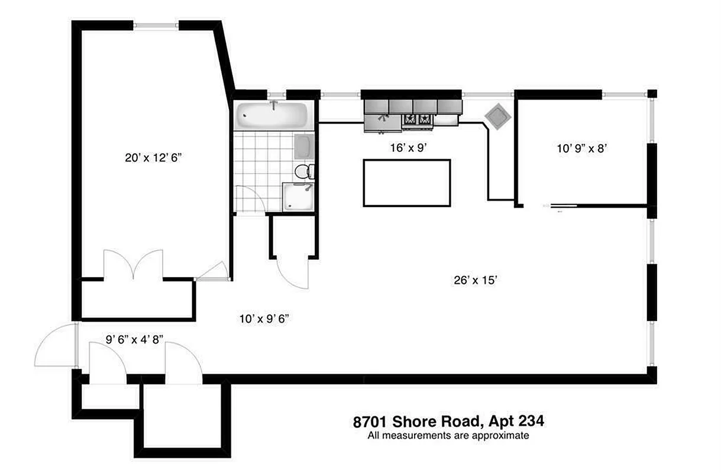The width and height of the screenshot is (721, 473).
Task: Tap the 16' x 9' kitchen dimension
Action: click(409, 148)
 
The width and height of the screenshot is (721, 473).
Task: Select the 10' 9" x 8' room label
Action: click(583, 150)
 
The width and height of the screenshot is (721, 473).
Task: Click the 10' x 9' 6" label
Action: click(263, 319)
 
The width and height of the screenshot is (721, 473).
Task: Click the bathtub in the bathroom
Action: click(271, 116)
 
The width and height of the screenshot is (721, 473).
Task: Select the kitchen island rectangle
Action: click(407, 183)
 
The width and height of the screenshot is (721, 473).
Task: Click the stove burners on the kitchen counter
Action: click(418, 121)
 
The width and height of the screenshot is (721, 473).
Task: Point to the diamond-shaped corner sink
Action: click(497, 116)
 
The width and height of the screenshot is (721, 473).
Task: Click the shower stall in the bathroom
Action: click(299, 197)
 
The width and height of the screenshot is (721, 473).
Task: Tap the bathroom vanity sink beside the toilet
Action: click(303, 146)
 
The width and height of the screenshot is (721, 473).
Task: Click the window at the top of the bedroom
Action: click(156, 25)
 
